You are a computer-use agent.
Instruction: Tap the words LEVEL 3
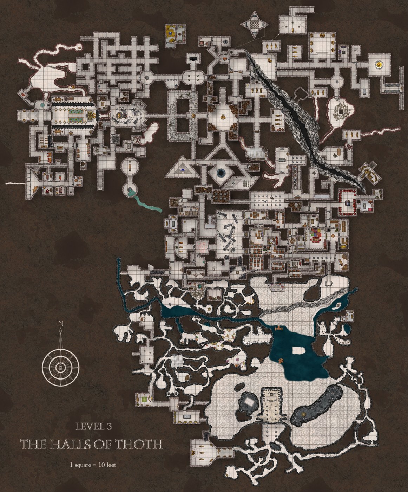(x=94, y=427)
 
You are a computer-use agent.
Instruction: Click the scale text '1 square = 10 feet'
(x=93, y=465)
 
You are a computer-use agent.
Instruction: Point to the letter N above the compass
(x=61, y=323)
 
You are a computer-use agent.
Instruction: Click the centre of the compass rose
(x=61, y=368)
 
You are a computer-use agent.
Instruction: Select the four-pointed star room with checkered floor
(x=255, y=24)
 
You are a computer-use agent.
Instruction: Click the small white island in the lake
(x=298, y=350)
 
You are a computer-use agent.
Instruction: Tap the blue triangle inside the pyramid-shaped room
(x=182, y=171)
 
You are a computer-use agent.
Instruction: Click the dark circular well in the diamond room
(x=221, y=173)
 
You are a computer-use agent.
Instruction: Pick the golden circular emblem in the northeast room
(x=379, y=65)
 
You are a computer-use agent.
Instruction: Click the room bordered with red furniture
(x=348, y=202)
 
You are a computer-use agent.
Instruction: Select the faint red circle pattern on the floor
(x=202, y=246)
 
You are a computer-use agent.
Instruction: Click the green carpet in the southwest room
(x=145, y=399)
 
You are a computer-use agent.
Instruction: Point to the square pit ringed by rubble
(x=340, y=111)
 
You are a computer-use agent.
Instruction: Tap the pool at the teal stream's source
(x=130, y=190)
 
